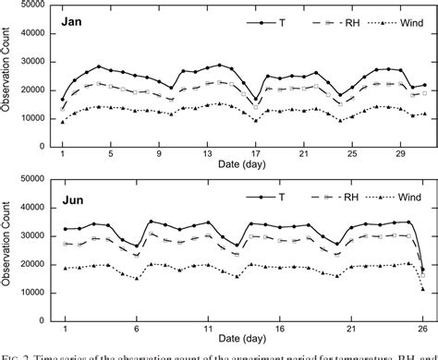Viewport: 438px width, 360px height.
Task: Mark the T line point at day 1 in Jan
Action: click(x=63, y=99)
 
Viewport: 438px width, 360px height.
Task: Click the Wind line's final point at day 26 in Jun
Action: click(x=423, y=289)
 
